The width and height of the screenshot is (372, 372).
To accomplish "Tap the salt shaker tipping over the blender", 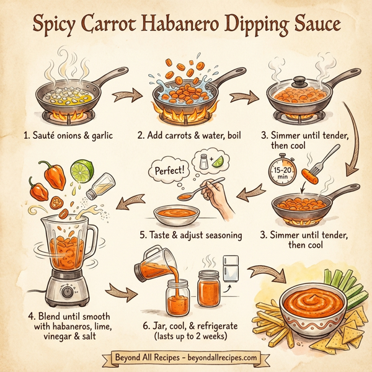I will point(99,187).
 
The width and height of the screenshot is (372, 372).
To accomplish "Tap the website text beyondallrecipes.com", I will point(218,358).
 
